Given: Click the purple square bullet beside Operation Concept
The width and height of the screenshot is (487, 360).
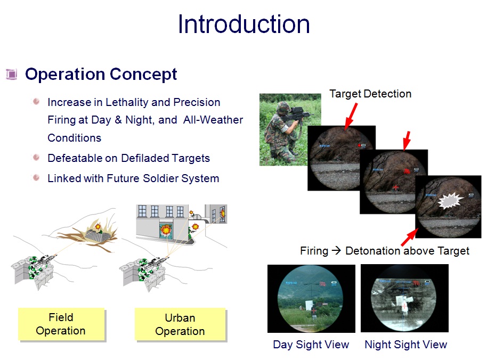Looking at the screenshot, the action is (12, 74).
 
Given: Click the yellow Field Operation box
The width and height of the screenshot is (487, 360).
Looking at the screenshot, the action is (61, 324).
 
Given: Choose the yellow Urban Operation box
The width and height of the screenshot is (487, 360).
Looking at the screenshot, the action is (180, 324).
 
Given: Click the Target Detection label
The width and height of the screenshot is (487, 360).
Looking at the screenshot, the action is (370, 94).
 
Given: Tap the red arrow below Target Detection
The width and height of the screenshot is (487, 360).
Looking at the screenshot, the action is (351, 116).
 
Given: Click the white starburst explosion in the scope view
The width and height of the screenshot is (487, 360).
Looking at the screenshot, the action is (450, 200).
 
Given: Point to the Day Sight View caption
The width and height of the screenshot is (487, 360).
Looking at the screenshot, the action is (311, 345).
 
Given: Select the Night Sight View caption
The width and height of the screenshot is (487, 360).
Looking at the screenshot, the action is (405, 345).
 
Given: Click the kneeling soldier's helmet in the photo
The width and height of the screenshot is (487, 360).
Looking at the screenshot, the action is (283, 107).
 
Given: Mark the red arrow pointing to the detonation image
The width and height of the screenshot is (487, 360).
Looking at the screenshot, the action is (409, 238).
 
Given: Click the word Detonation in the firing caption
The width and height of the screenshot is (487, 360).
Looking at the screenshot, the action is (372, 251).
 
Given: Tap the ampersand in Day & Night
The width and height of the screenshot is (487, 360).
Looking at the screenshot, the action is (118, 120).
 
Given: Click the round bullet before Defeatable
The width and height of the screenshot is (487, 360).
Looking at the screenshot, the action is (36, 157).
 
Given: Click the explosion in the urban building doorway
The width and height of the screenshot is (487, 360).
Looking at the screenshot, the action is (166, 230).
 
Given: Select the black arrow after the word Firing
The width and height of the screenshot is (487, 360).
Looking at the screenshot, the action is (336, 250).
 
